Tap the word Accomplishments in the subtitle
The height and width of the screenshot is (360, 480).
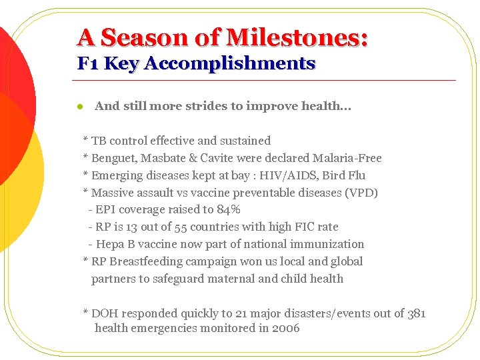coord(229,64)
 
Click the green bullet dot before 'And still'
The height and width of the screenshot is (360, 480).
coord(79,107)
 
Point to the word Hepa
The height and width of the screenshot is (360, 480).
coord(111,244)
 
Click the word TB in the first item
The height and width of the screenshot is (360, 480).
coord(99,141)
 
